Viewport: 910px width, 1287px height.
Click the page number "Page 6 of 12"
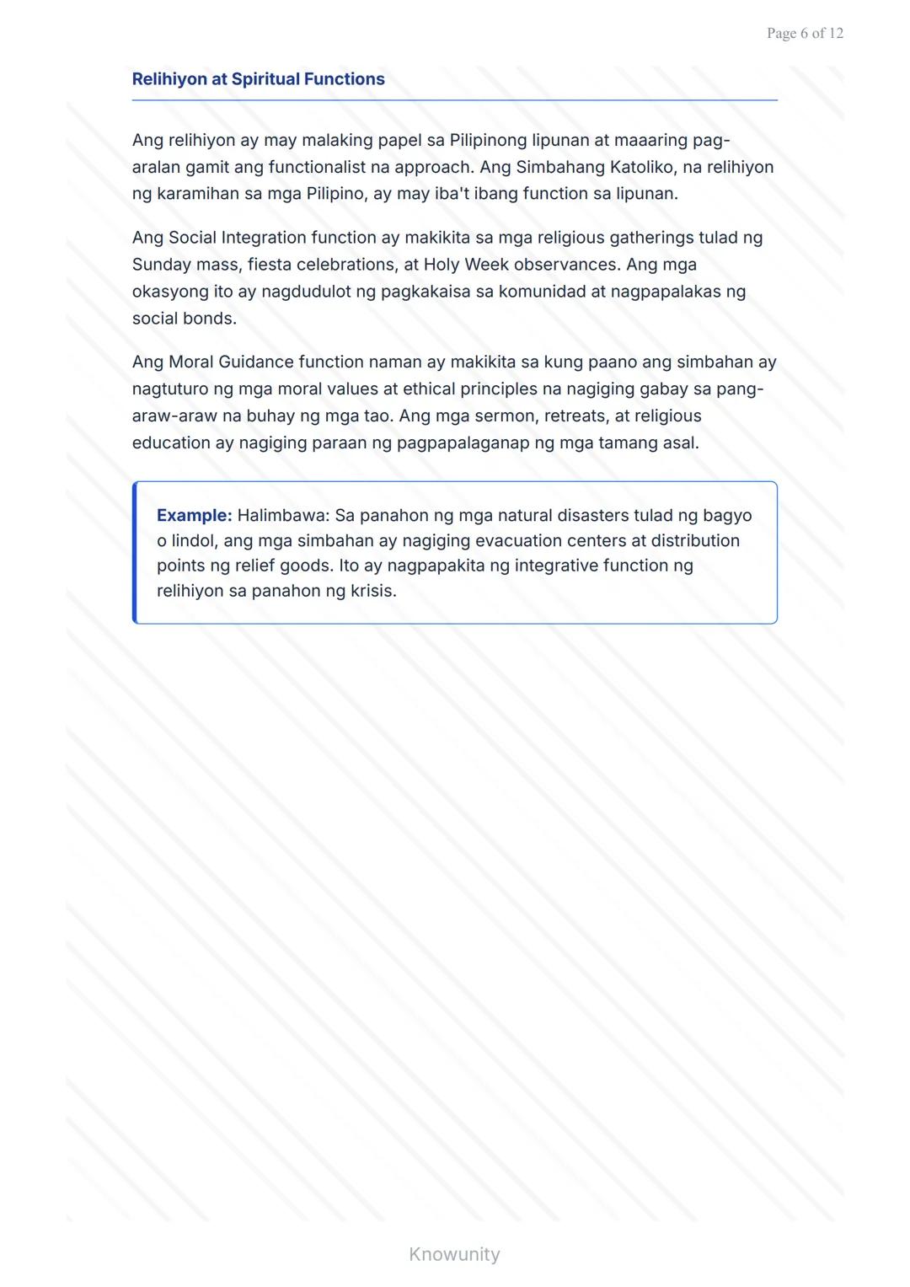pyautogui.click(x=805, y=34)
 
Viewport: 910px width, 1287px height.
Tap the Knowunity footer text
pyautogui.click(x=454, y=1254)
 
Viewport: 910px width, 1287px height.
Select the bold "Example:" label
pyautogui.click(x=194, y=516)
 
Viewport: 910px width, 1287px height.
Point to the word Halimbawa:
pyautogui.click(x=283, y=516)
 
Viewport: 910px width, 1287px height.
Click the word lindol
pyautogui.click(x=192, y=541)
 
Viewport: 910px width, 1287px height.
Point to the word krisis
pyautogui.click(x=373, y=591)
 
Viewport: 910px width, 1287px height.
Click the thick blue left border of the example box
pyautogui.click(x=135, y=553)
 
